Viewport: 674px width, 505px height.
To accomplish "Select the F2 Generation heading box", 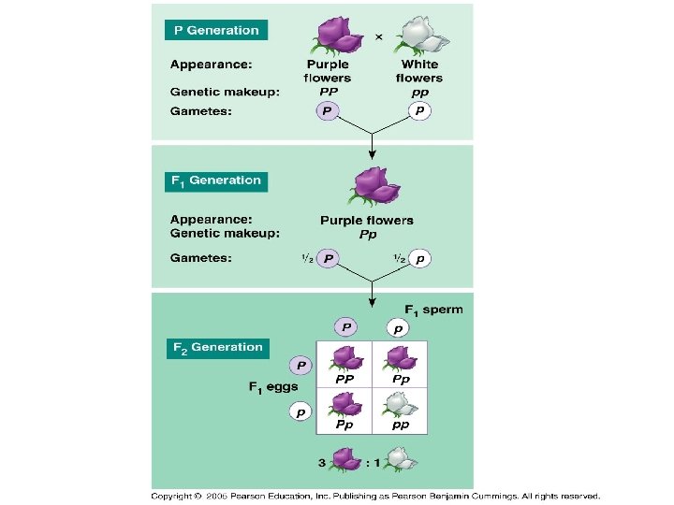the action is tap(217, 348).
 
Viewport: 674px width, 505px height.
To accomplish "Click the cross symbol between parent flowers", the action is tap(378, 37).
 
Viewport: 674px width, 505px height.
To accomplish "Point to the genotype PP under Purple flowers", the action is tap(328, 93).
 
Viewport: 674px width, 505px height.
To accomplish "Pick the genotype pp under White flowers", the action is tap(419, 93).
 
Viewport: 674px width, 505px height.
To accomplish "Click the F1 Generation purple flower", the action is tap(373, 188).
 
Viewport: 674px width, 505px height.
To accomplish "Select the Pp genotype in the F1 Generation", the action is tap(368, 235).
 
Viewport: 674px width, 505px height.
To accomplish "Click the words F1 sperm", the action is tap(433, 310).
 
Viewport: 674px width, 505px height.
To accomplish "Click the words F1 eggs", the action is tap(273, 386).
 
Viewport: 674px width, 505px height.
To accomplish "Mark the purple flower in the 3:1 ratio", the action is tap(347, 458).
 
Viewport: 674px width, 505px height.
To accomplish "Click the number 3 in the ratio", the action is tap(321, 461).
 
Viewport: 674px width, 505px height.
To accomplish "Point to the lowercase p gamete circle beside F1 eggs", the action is tap(300, 411).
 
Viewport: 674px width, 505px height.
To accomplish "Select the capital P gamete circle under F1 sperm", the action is tap(346, 327).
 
